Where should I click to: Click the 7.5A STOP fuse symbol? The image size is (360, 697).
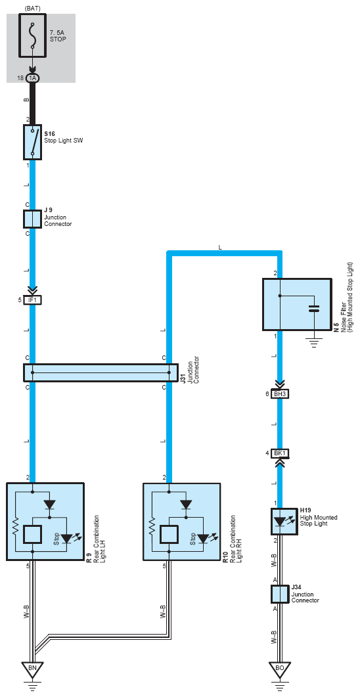32,35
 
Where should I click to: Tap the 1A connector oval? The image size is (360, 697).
32,78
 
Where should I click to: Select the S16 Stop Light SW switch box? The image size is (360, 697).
32,142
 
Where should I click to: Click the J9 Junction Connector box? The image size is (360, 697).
32,219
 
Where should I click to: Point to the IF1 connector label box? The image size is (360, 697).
32,300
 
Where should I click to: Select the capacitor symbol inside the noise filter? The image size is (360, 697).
314,309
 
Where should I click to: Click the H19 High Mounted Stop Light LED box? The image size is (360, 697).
280,522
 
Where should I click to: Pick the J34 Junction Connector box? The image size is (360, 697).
280,595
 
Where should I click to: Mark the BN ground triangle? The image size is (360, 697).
32,668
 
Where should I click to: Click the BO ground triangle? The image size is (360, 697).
280,668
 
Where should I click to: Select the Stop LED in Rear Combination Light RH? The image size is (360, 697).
203,538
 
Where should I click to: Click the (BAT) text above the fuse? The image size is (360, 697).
32,8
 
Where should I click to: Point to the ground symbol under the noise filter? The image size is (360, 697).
314,344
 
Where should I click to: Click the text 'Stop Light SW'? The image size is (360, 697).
63,141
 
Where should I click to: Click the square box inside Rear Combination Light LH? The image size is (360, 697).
32,534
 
